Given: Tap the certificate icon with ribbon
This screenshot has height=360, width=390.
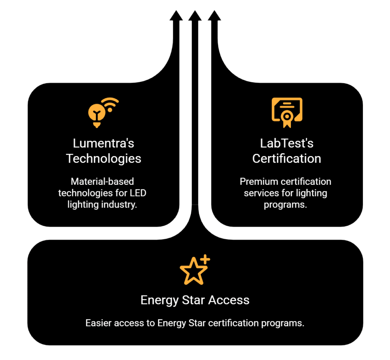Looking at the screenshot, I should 286,112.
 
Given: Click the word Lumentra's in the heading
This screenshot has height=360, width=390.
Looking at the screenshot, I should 104,144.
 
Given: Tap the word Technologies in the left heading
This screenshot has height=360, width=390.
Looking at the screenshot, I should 104,158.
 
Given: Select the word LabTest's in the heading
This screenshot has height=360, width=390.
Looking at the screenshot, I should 286,144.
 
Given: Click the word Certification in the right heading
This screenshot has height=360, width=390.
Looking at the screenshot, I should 286,158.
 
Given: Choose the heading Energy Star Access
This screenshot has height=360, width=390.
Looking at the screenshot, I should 195,300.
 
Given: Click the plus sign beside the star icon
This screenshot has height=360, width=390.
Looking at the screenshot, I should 205,259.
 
